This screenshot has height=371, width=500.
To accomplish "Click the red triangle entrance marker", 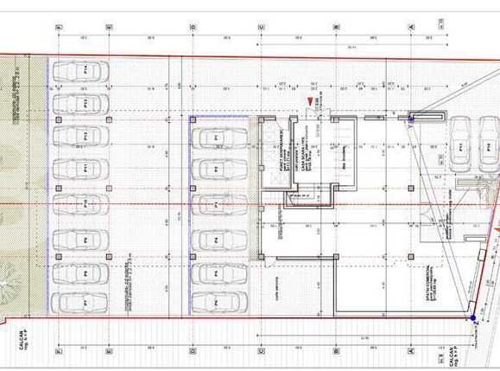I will (308, 104).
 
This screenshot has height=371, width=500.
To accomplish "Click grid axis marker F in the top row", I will (59, 27).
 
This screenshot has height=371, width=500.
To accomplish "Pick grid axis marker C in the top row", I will (261, 27).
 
